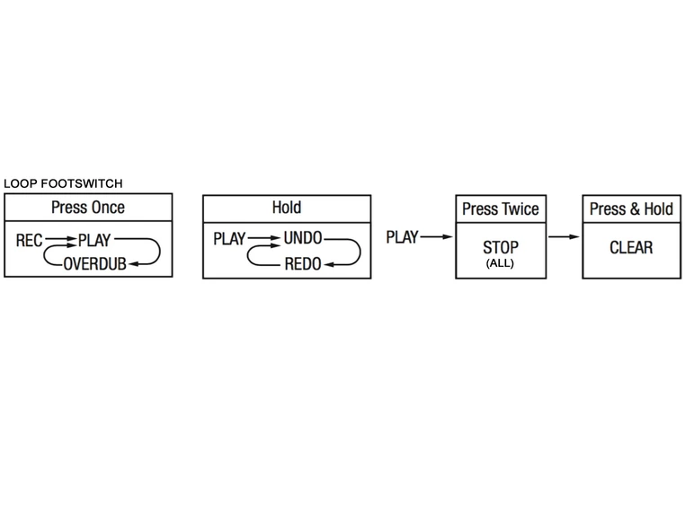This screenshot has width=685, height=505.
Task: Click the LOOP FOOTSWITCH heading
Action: coord(63,183)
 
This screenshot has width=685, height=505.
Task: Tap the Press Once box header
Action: coord(88,208)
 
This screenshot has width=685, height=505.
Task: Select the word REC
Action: coord(30,241)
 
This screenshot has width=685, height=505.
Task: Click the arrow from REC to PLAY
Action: coord(60,241)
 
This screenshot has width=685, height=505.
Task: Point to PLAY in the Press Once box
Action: coord(94,241)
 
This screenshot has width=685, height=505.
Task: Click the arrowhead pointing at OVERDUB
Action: coord(133,263)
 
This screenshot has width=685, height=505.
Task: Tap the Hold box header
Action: coord(286,208)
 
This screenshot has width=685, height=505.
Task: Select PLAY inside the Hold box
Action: coord(229,240)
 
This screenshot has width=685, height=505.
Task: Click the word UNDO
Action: coord(303,240)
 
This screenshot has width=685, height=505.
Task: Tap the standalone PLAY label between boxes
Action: coord(402,237)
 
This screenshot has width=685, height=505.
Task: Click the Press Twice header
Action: coord(500,209)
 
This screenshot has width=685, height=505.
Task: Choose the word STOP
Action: coord(500,247)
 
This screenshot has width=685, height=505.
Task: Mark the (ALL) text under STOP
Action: coord(500,263)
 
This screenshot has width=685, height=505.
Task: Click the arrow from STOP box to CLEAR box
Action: coord(564,237)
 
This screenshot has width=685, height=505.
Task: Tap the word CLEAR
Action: coord(631,247)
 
